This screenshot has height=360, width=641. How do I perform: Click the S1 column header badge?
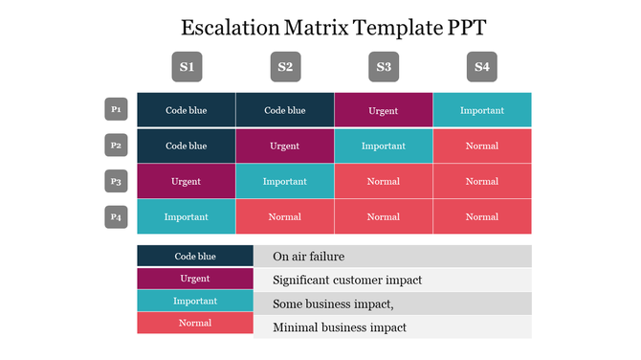[x=187, y=67]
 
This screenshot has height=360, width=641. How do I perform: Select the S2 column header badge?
[x=285, y=67]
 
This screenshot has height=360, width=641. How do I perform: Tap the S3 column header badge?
[x=384, y=67]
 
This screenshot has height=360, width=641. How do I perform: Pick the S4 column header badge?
[x=482, y=67]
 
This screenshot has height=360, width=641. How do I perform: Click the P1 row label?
[x=116, y=110]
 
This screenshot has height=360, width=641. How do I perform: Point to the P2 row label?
[x=116, y=146]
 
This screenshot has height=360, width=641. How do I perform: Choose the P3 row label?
[x=116, y=181]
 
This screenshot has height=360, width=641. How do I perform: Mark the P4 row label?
[x=116, y=216]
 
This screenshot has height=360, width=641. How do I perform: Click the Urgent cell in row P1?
[x=384, y=110]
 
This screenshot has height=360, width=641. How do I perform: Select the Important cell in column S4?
[x=482, y=110]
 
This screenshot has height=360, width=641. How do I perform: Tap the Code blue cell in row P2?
[x=187, y=146]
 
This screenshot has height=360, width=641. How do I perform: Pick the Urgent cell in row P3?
[x=187, y=181]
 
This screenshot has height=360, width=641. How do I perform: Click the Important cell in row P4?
[x=187, y=216]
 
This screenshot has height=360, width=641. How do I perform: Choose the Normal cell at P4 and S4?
[x=482, y=216]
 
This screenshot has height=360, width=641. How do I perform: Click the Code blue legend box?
[x=195, y=256]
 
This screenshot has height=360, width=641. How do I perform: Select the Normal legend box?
[x=195, y=323]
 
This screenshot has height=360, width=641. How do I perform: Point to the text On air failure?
[x=308, y=257]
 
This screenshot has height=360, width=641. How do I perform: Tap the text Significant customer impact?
[x=347, y=280]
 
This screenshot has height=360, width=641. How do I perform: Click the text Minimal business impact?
[x=340, y=327]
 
